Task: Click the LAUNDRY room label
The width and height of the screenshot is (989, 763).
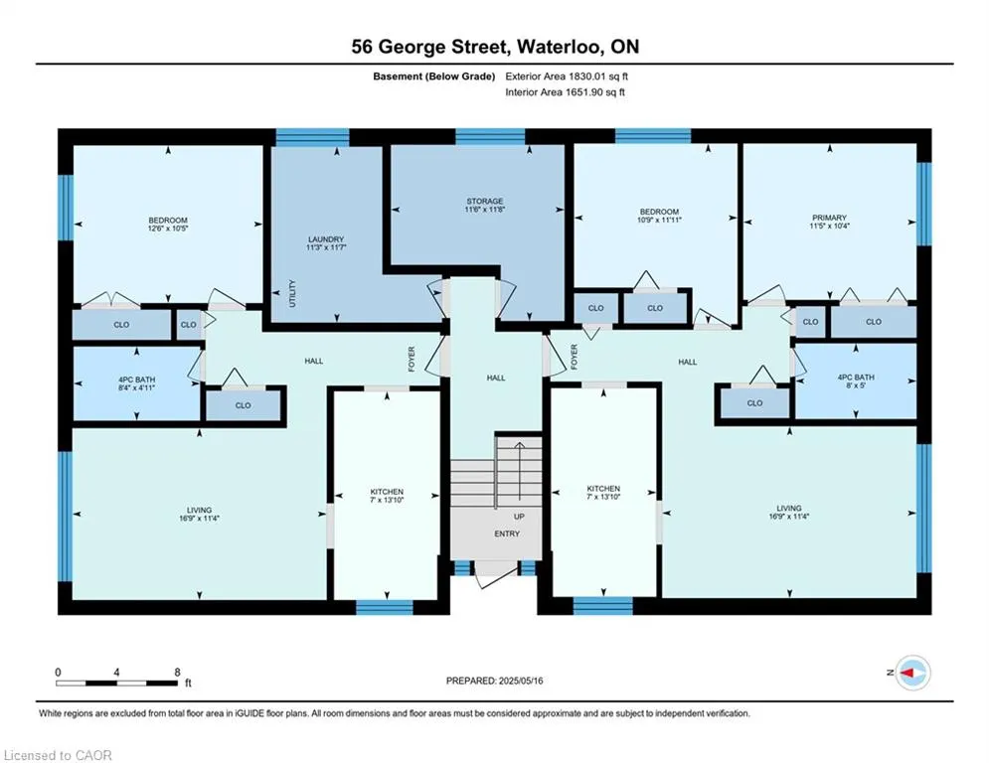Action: pos(326,239)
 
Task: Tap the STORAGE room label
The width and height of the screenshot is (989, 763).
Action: pos(485,201)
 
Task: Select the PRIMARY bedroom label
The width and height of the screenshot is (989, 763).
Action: pos(829,218)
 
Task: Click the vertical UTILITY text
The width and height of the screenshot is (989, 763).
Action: pos(292,293)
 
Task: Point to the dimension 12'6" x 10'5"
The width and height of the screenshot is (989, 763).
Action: pos(168,229)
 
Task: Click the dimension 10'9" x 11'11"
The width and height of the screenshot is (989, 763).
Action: pos(659,221)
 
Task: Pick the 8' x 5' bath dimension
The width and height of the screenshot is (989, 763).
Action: pos(856,384)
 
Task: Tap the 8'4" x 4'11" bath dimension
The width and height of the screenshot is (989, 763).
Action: pos(137,387)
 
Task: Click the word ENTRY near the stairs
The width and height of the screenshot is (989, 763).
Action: pos(507,534)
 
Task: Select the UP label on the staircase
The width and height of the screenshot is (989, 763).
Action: pos(519,517)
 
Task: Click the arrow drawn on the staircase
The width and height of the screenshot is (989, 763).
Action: pos(519,470)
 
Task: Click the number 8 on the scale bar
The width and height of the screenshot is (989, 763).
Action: pos(177,673)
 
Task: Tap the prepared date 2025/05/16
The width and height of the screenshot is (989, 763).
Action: pos(521,681)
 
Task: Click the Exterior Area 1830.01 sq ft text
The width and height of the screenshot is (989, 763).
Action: pos(567,76)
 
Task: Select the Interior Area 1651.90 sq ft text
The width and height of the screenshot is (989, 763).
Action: pos(566,92)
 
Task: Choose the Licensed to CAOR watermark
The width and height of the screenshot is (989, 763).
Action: pos(58,755)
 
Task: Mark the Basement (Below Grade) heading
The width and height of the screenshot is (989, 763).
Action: pos(434,76)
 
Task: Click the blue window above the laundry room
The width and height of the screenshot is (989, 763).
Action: pos(313,137)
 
